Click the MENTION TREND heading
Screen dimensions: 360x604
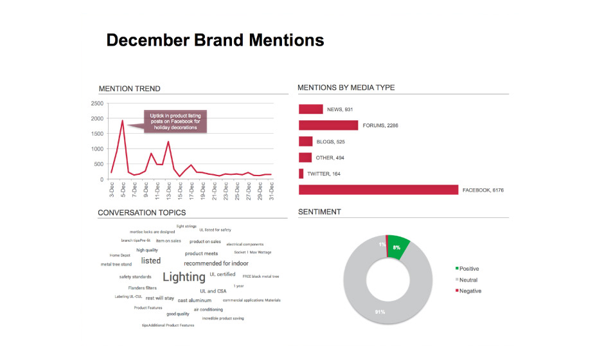point(129,89)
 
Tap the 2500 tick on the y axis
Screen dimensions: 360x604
point(97,104)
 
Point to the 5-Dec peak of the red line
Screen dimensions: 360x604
point(122,120)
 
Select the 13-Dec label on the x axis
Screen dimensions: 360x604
point(168,190)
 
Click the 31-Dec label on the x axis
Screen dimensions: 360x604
point(271,190)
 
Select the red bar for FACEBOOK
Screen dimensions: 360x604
point(378,190)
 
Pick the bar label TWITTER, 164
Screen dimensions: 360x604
point(324,174)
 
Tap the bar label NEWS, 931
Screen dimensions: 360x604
point(340,109)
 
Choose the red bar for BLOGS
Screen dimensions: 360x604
point(305,141)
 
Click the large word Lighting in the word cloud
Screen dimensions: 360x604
point(184,277)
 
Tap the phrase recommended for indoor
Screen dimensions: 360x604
point(216,264)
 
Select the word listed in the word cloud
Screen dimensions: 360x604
point(150,261)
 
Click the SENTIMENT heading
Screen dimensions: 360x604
point(319,212)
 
